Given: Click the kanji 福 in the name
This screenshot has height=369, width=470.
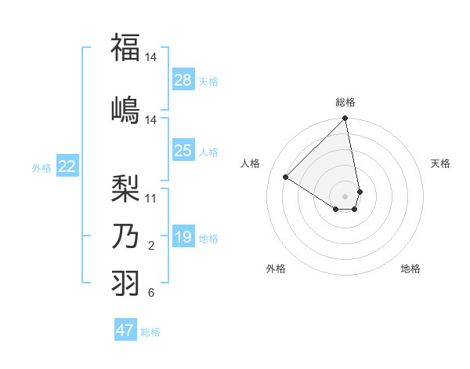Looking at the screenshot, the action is click(125, 48).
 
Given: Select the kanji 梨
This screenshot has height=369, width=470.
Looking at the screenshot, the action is click(125, 188).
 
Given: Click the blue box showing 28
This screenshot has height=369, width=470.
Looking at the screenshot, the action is click(183, 80).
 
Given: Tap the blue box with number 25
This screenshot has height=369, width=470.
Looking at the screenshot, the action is click(183, 151).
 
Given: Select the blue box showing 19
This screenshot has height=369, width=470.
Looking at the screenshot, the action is click(183, 237).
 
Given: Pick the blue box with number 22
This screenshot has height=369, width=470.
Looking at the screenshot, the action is click(67, 166).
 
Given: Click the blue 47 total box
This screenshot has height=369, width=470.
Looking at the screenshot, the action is click(125, 331).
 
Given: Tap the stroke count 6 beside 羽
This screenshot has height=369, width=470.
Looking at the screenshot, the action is click(151, 294).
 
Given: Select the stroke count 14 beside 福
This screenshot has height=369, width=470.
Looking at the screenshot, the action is click(151, 58).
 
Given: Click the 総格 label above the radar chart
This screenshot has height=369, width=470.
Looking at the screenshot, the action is click(345, 102).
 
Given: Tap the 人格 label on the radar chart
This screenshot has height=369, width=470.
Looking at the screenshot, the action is click(250, 163).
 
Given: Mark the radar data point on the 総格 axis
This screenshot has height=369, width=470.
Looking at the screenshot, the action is click(345, 119).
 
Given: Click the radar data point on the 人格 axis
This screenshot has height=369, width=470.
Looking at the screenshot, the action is click(286, 177).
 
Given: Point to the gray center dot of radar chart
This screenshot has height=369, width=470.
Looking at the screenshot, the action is click(345, 195).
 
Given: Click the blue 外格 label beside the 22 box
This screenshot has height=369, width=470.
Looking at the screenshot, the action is click(42, 167).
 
